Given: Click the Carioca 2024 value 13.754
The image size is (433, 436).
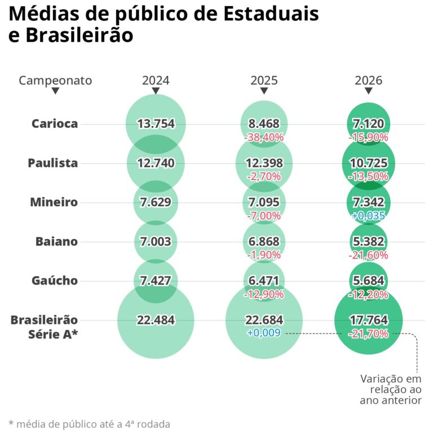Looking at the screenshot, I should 156,124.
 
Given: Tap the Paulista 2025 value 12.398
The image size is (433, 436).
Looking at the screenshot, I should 264,163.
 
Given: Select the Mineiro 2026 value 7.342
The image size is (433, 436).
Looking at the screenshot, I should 368,202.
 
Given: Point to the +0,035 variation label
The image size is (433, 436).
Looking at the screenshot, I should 368,215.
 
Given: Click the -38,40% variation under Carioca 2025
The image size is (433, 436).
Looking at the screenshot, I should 264,137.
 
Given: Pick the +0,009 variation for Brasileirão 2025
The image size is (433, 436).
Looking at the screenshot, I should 264,333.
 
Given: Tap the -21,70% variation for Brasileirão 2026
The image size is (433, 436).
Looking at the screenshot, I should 368,333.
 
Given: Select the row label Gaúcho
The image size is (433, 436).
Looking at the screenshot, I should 54,281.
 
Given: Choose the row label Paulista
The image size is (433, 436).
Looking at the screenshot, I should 53,163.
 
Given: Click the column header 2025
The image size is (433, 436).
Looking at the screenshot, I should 264,80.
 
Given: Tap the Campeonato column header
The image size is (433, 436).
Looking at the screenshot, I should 55,80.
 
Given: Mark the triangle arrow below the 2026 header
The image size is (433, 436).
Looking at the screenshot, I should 368,91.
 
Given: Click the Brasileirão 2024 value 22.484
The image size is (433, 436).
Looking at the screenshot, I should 156,320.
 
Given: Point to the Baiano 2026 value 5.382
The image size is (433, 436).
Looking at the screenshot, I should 368,242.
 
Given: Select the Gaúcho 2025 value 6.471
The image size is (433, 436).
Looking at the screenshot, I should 264,281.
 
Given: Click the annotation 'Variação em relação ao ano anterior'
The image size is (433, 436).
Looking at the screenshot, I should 391,389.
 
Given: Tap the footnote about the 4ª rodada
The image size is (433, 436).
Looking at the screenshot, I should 89,424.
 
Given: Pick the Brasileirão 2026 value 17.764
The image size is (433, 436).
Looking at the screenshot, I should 368,320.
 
